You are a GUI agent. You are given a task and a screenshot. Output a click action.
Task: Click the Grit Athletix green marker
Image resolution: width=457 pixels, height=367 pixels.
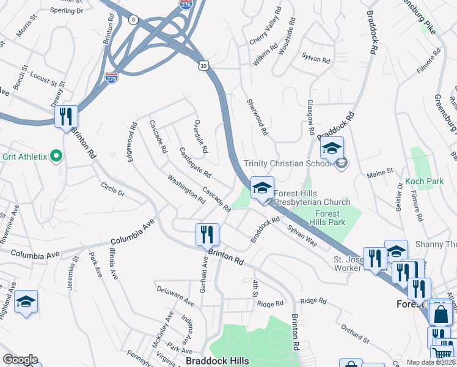[x=56, y=157]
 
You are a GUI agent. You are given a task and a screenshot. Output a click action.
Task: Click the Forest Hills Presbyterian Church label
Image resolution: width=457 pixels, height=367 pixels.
[x=312, y=198]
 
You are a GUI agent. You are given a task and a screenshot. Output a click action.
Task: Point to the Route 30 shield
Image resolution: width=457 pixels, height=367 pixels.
[x=203, y=64]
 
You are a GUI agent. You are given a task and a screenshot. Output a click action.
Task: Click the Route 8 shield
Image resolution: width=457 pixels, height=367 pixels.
[x=133, y=20]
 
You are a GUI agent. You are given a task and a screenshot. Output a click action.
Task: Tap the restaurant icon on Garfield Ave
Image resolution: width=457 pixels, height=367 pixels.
[x=206, y=234]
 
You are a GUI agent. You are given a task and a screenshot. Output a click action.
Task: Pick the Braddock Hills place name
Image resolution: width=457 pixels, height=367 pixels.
[x=217, y=361]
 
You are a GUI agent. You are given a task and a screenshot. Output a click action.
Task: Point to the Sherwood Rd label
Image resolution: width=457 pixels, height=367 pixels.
[x=257, y=117]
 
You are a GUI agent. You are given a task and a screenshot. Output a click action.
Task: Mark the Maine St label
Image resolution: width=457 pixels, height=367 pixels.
[x=379, y=175]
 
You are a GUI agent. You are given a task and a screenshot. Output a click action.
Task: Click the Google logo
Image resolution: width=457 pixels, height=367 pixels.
[x=20, y=360]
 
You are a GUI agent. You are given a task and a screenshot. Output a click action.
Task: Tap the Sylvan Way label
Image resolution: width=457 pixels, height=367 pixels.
[x=302, y=234]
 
